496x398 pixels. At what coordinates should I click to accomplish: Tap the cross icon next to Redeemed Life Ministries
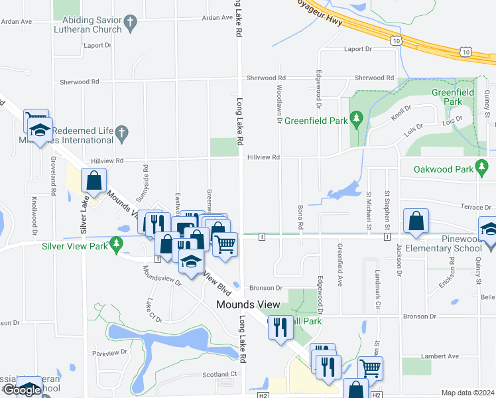point(121,133)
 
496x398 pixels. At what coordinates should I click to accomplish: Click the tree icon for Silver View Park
point(117,245)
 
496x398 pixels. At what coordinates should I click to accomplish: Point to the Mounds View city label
point(249,305)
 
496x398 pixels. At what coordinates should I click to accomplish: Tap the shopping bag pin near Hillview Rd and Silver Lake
point(94,180)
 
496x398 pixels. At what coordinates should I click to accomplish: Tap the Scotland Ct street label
point(219,374)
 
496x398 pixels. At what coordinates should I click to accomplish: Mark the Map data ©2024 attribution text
point(467,393)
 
